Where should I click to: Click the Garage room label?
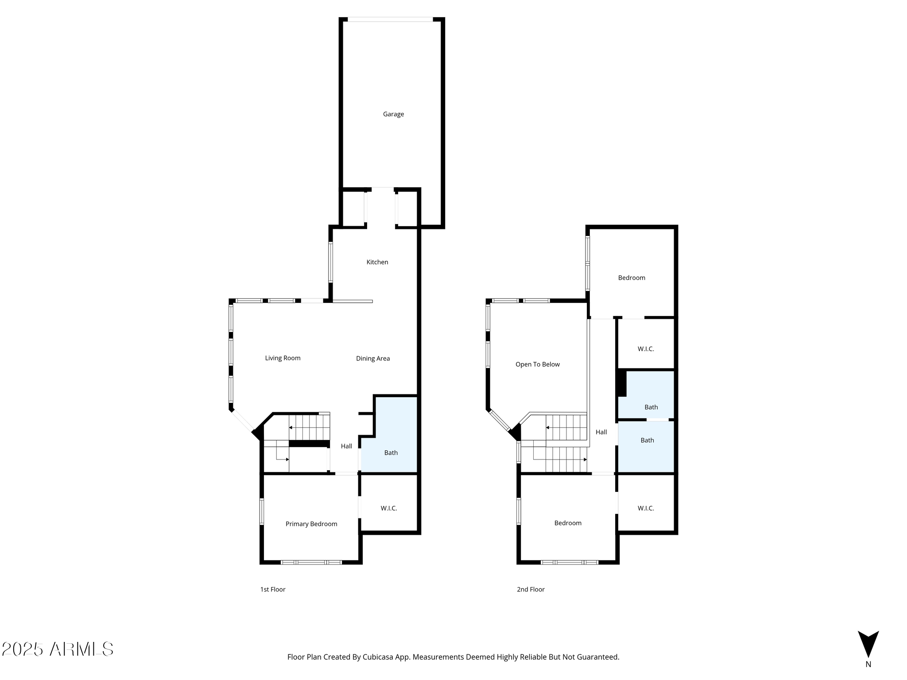tap(393, 114)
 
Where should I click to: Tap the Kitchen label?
tap(377, 262)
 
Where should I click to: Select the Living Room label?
tap(283, 358)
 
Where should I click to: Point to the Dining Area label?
tap(373, 359)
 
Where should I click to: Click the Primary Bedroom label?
tap(311, 524)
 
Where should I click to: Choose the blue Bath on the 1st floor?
tap(391, 453)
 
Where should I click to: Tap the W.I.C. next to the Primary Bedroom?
tap(389, 508)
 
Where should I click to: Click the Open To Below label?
tap(537, 364)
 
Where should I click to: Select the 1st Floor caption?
tap(273, 589)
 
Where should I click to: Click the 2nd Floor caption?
tap(531, 589)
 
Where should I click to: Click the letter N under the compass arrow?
tap(868, 664)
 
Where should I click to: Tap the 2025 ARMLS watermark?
tap(58, 649)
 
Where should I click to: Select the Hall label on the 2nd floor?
tap(601, 432)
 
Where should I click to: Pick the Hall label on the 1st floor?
tap(346, 446)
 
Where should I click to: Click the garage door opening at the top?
tap(390, 19)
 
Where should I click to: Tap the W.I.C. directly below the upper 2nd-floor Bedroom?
tap(646, 349)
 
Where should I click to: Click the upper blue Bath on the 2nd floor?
tap(651, 407)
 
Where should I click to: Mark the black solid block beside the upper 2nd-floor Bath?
tap(622, 383)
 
